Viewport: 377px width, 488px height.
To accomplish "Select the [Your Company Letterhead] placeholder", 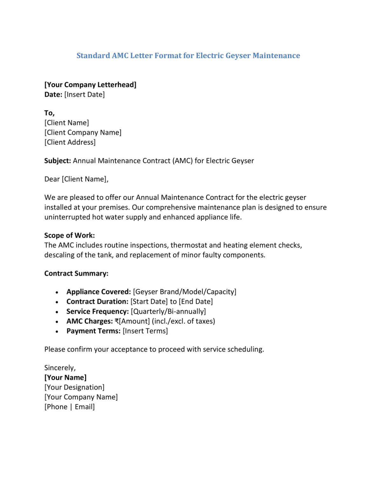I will [x=90, y=85].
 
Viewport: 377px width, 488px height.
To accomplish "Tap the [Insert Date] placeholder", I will [x=84, y=94].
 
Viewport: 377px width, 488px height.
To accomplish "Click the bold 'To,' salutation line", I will [x=50, y=113].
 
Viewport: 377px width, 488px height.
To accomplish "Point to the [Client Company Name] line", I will [x=83, y=132].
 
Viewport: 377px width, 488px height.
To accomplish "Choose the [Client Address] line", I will [x=70, y=142].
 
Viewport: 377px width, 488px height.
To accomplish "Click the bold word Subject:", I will [x=57, y=161].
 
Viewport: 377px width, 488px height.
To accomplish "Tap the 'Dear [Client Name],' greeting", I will [x=76, y=179].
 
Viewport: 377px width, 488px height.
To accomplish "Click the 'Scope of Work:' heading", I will [x=70, y=235].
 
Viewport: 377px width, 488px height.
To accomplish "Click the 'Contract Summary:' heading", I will [x=76, y=274].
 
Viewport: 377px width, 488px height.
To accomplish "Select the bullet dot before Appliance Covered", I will [x=57, y=292].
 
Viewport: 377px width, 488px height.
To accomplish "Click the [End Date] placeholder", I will [x=196, y=302].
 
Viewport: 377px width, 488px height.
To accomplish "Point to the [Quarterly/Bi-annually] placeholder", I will [x=168, y=311].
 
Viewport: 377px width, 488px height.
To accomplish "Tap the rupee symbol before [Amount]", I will [x=117, y=321].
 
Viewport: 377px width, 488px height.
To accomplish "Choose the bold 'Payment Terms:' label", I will [x=93, y=331].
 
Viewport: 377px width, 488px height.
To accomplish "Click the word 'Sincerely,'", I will [x=60, y=368].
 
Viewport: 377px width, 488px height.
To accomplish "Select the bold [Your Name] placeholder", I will [x=65, y=377].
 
